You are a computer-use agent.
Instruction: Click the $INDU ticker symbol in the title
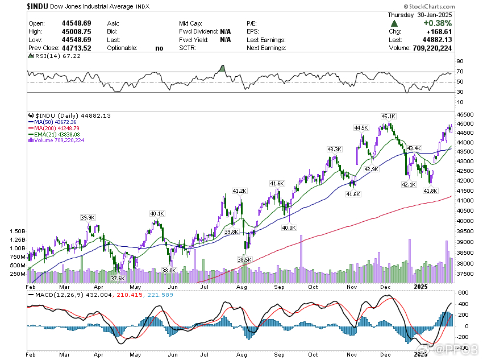39,6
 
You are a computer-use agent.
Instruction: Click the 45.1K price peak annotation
388,118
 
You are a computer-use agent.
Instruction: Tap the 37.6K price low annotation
118,278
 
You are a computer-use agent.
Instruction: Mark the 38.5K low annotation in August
244,259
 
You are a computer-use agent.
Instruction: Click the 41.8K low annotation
431,191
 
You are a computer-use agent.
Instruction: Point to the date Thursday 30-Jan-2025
419,15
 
